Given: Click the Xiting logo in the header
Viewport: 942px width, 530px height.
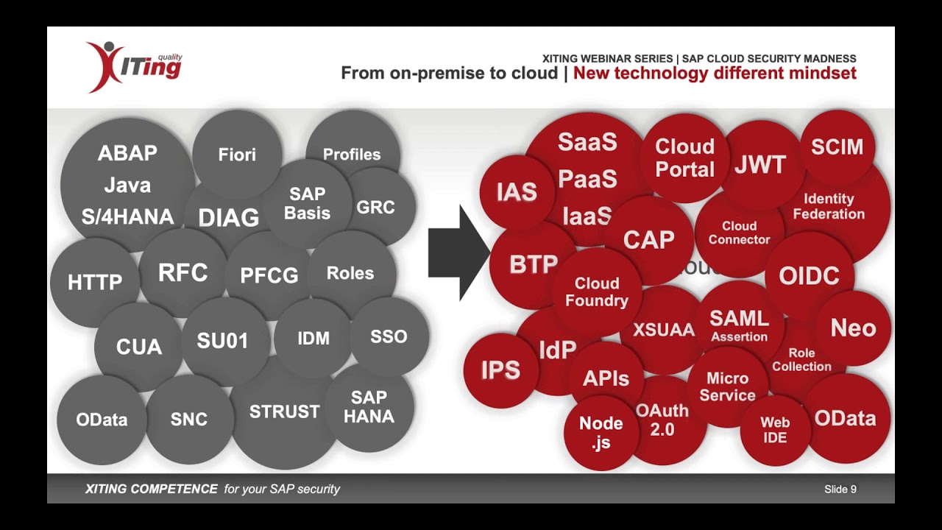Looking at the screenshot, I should (x=134, y=66).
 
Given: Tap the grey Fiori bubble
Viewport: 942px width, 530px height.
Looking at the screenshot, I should (x=237, y=155).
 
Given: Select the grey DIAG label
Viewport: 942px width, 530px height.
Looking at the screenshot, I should (x=228, y=218).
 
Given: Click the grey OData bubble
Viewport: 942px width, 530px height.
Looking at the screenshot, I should (x=102, y=420).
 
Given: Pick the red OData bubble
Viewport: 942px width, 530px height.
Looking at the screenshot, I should (x=845, y=419).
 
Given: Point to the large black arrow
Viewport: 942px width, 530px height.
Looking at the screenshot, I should (x=458, y=252).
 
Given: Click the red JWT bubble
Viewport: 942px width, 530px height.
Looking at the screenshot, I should (x=760, y=165).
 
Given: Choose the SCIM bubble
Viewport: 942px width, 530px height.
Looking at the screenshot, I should (x=837, y=147).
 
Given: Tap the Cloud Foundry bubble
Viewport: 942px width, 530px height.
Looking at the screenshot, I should (x=596, y=292).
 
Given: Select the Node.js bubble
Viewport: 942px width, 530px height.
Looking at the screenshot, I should (x=601, y=432).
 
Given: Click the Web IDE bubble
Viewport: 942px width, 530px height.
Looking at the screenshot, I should (x=774, y=430).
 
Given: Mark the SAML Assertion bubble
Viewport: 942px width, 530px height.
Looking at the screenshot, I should (x=739, y=325).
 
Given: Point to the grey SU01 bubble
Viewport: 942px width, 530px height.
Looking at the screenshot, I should (x=223, y=341).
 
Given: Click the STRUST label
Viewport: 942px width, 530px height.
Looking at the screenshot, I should (x=284, y=412).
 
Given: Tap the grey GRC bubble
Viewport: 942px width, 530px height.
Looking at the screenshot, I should (x=375, y=208).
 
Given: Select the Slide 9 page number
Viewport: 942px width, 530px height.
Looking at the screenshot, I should (x=840, y=489).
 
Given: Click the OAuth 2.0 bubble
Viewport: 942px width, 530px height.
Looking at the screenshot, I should (x=662, y=420).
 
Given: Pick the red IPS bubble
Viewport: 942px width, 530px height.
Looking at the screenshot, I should (x=500, y=370).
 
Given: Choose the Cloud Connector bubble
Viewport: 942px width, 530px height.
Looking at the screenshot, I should (x=739, y=233).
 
